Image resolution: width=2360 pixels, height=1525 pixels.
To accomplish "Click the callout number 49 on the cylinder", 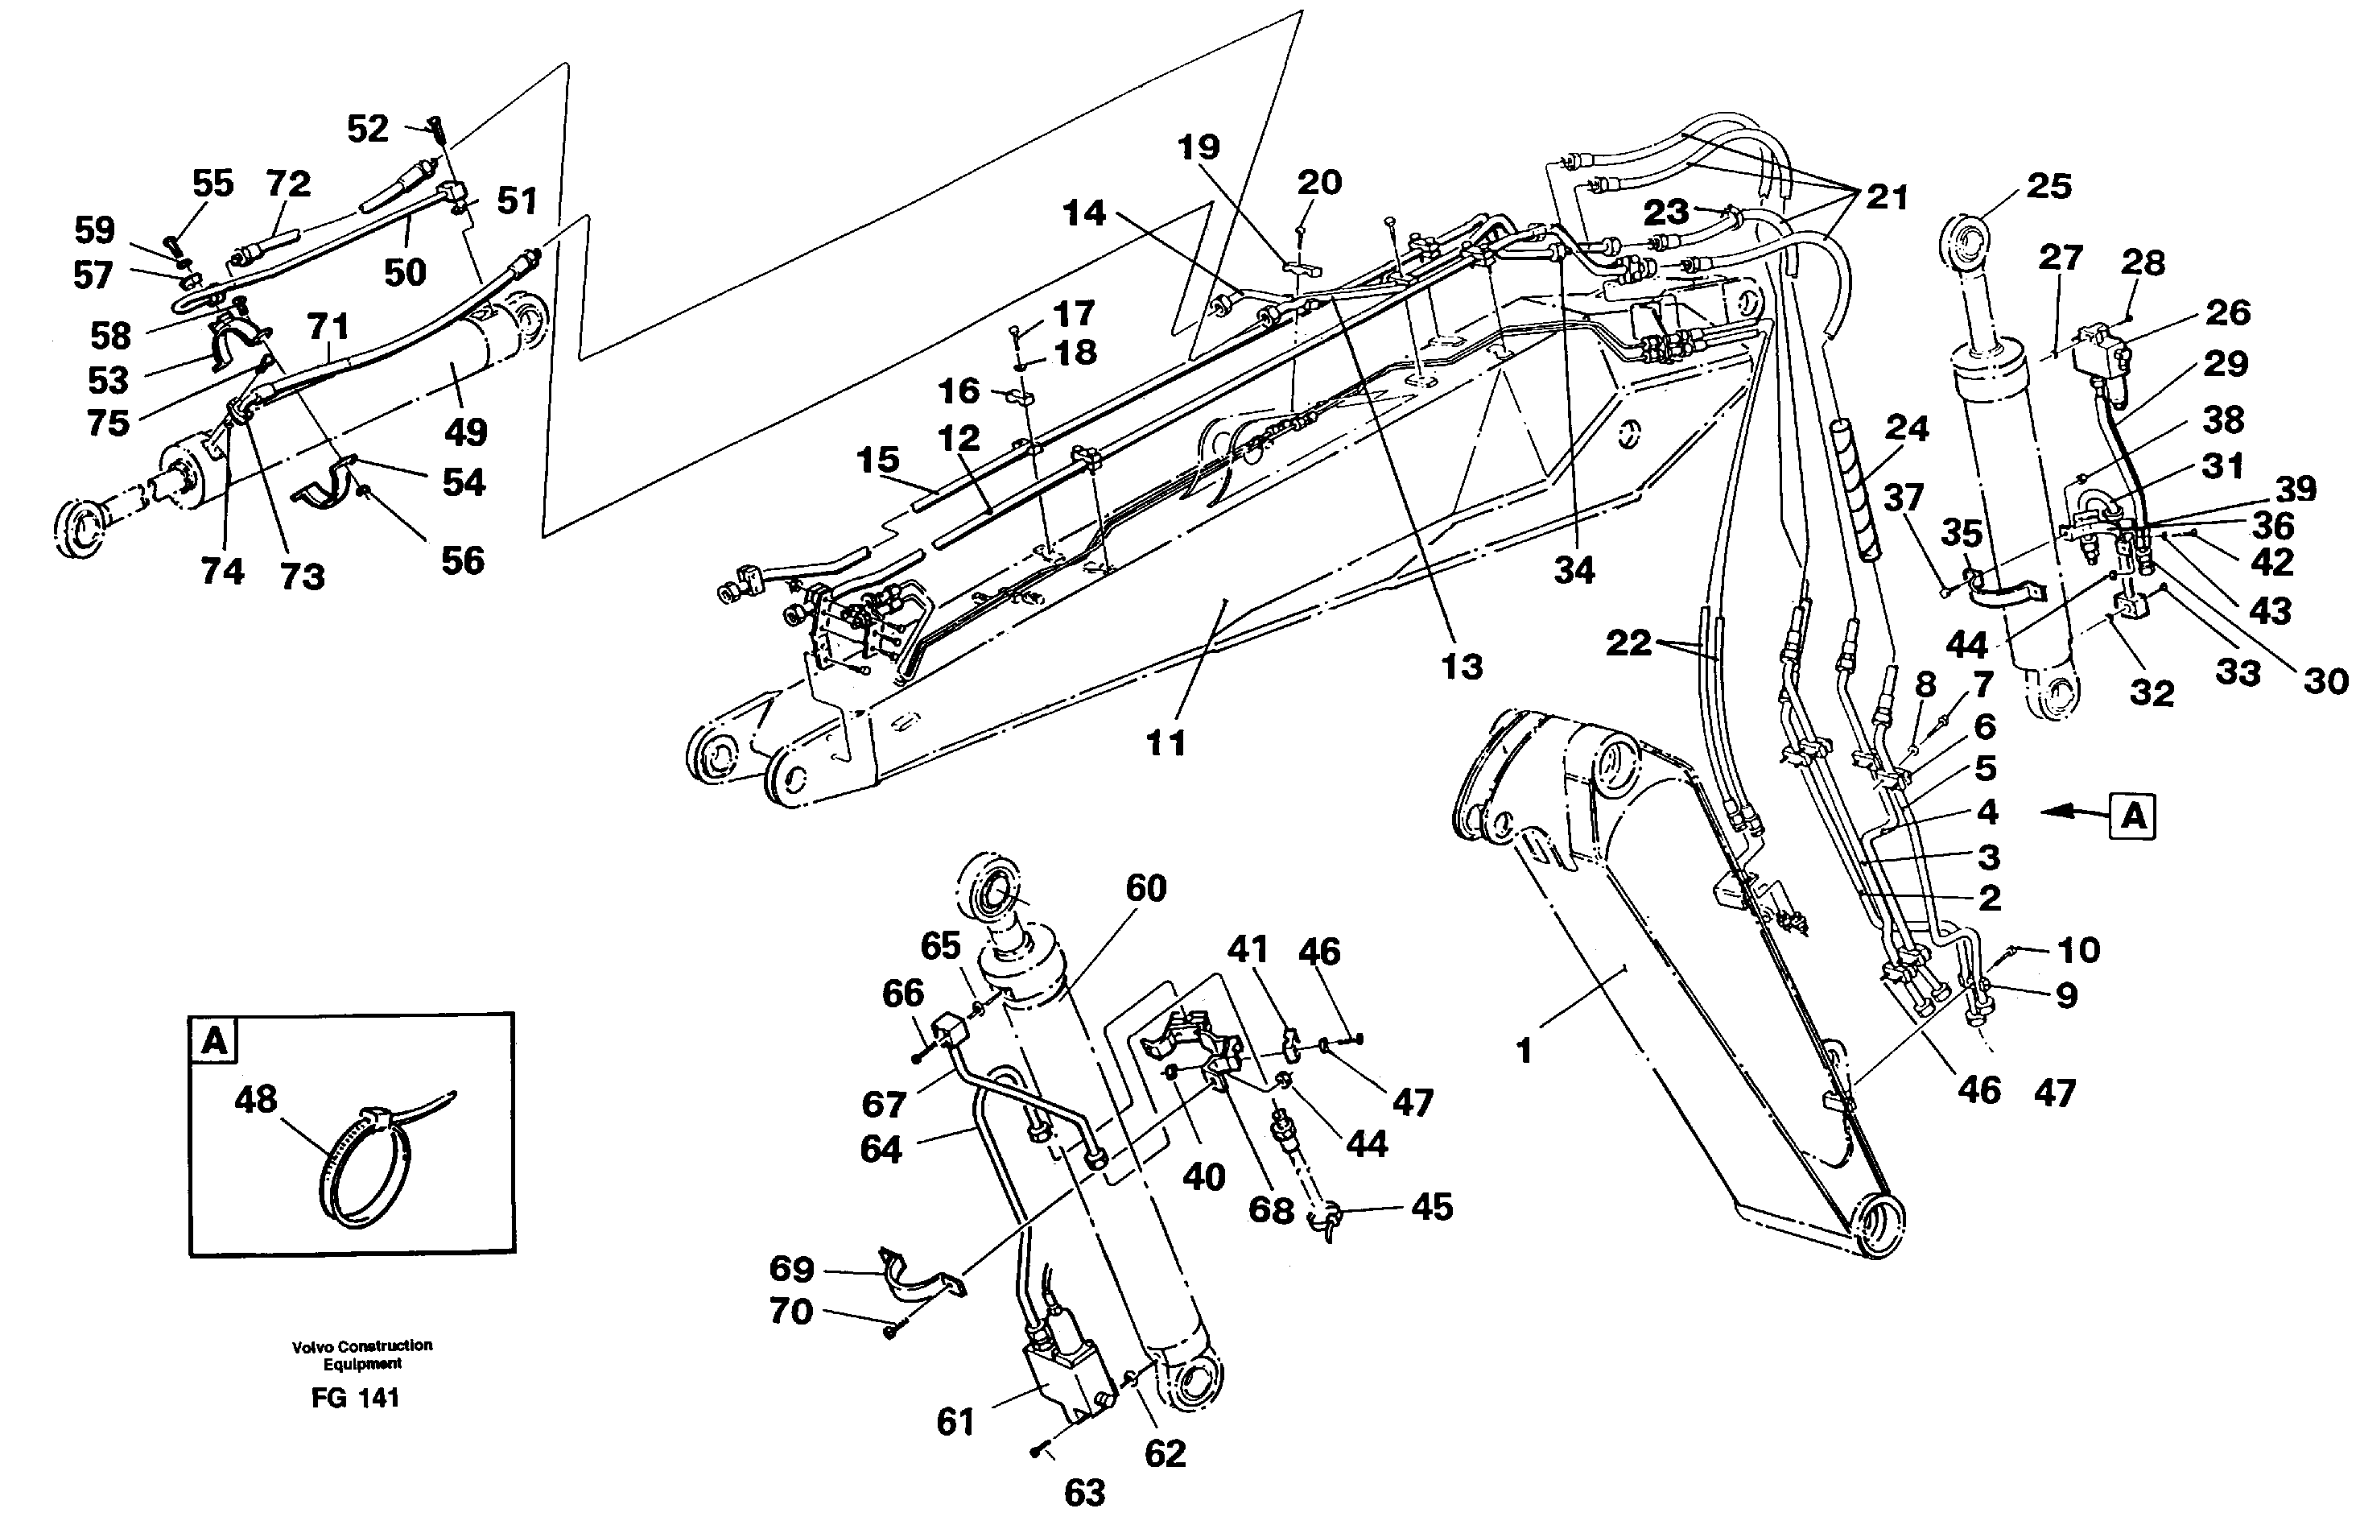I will (x=465, y=432).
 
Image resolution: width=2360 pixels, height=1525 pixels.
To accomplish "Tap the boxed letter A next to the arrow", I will (x=2132, y=817).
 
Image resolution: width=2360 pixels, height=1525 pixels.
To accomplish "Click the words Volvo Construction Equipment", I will (x=361, y=1354).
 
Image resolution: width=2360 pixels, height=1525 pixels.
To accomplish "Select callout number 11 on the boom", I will (x=1166, y=742).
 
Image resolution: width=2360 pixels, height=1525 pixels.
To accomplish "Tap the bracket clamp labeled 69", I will (x=916, y=1279).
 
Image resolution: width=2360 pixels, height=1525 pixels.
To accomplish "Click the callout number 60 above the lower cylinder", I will (x=1145, y=888).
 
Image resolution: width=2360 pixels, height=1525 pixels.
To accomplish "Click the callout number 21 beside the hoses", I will (x=1887, y=197).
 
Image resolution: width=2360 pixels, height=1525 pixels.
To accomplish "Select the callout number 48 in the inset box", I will (x=255, y=1099).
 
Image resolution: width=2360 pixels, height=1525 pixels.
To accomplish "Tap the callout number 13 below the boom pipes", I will (x=1461, y=667).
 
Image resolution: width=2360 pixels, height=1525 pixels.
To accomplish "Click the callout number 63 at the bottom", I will (x=1084, y=1492).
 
